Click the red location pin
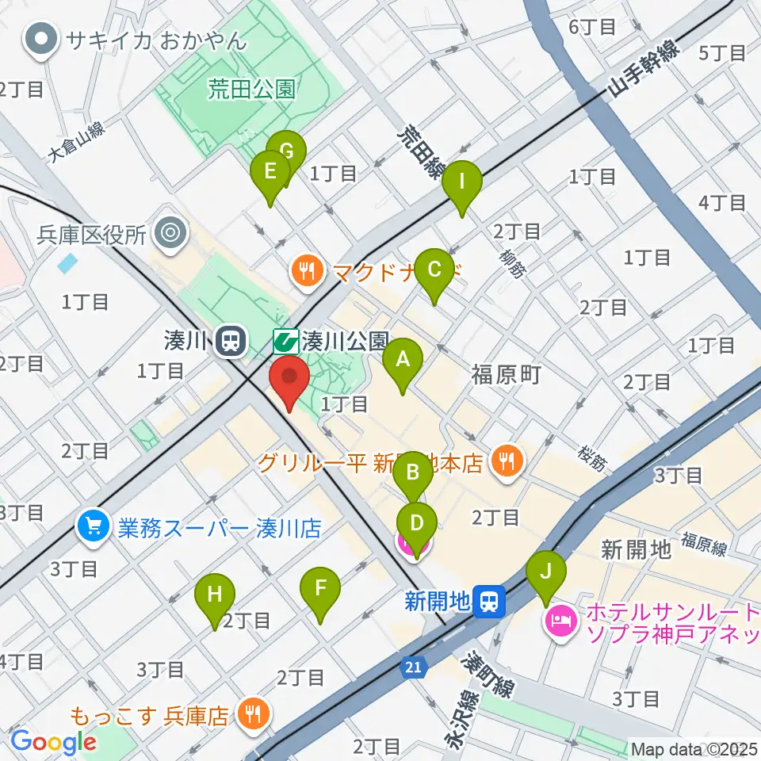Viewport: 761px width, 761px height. (x=289, y=380)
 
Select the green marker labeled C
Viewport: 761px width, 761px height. (x=434, y=271)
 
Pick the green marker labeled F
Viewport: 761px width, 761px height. (x=320, y=590)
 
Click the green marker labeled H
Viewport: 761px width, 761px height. (x=215, y=596)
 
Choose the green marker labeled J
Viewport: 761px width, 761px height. (x=546, y=572)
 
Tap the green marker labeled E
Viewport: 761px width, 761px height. (x=270, y=172)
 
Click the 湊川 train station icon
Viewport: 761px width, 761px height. (x=231, y=342)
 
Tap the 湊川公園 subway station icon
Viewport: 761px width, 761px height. (x=285, y=342)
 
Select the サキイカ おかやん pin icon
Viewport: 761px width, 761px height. (x=39, y=40)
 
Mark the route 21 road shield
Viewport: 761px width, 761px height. (x=413, y=670)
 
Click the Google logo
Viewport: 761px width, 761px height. (x=54, y=742)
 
